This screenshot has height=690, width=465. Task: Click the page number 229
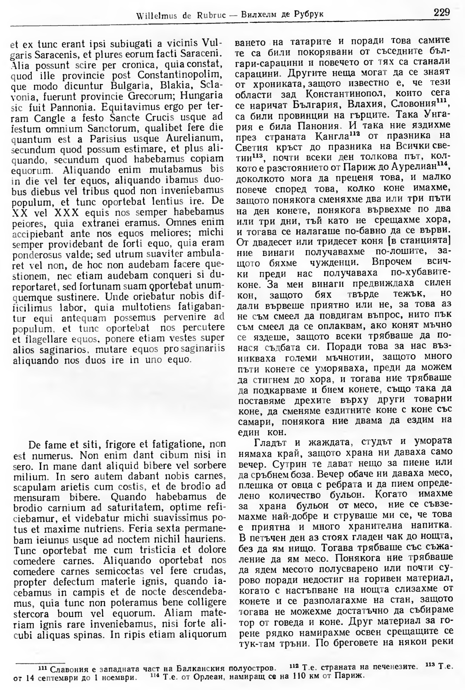pyautogui.click(x=442, y=12)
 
